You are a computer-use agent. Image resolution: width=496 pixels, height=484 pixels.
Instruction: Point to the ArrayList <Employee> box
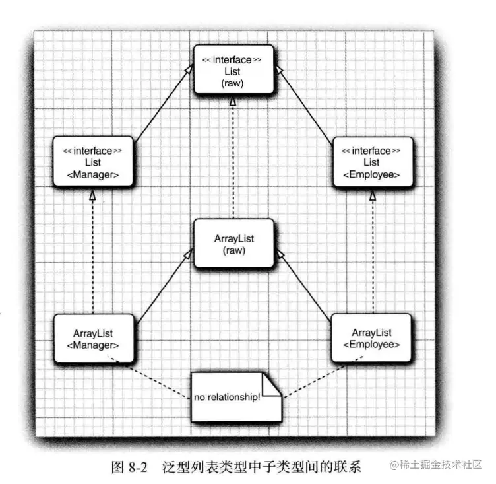coord(371,337)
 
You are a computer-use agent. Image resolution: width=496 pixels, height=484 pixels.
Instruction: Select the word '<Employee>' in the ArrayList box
coord(371,344)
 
